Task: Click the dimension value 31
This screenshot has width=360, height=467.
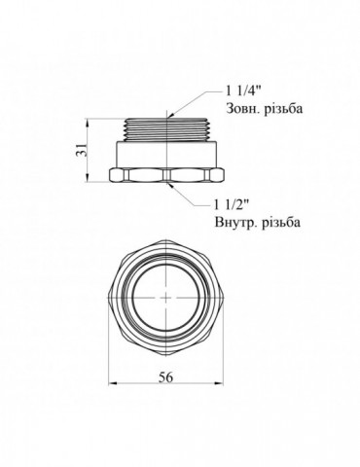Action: pyautogui.click(x=83, y=150)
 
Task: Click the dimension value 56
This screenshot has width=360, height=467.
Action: pyautogui.click(x=166, y=377)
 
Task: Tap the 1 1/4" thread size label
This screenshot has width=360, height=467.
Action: pyautogui.click(x=243, y=91)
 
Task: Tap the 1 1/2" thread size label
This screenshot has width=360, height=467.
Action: pyautogui.click(x=231, y=204)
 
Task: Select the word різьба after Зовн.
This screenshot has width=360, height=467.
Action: pyautogui.click(x=283, y=108)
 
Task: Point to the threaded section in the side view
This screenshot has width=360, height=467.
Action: pyautogui.click(x=166, y=129)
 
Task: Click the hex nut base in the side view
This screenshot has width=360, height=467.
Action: pyautogui.click(x=166, y=175)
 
